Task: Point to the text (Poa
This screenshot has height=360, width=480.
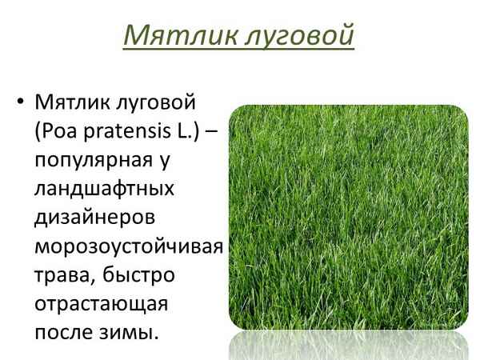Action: point(54,131)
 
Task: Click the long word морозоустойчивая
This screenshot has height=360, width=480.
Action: point(127,246)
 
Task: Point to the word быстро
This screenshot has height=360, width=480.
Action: point(145,275)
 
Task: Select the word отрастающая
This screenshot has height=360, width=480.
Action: point(99,304)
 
